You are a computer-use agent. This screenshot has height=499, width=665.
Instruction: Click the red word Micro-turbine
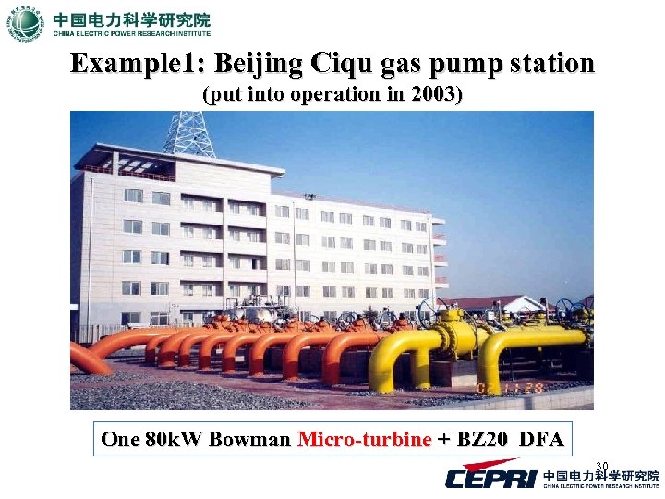pos(365,439)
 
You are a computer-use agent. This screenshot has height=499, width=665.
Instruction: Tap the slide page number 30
pos(601,466)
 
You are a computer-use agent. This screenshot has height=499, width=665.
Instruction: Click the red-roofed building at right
pos(499,305)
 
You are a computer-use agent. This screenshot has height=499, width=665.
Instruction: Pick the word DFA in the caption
pos(541,439)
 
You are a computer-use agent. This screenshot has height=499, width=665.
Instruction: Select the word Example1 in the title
pos(138,64)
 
